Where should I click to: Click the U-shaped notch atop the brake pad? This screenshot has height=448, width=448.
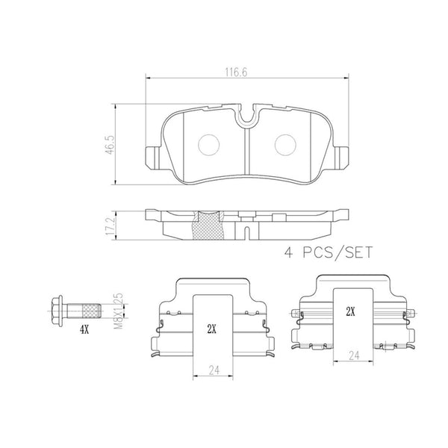246,113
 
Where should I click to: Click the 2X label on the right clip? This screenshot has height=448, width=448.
349,309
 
